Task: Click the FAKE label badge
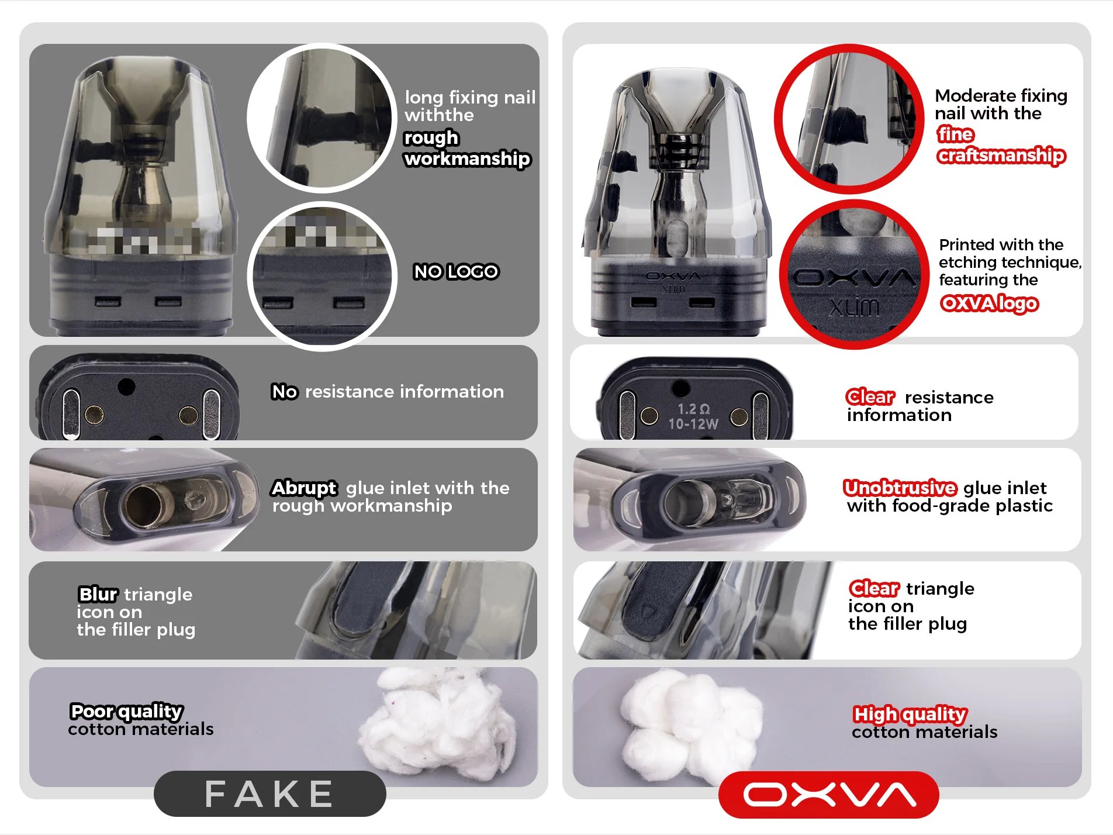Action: [x=269, y=793]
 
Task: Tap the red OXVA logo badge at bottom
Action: [x=829, y=794]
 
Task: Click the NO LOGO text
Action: [x=456, y=271]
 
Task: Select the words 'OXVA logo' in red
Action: [x=989, y=303]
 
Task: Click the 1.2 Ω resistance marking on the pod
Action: [x=693, y=409]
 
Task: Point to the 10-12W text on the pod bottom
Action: [x=693, y=424]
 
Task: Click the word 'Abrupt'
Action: [x=304, y=488]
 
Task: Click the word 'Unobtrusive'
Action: [x=900, y=488]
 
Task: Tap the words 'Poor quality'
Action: [x=126, y=711]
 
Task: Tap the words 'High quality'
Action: [x=910, y=714]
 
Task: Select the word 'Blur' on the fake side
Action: [x=98, y=594]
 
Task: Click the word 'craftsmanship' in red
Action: [x=1001, y=155]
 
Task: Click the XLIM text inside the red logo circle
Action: [x=853, y=306]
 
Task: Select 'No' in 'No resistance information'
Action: [x=284, y=391]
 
